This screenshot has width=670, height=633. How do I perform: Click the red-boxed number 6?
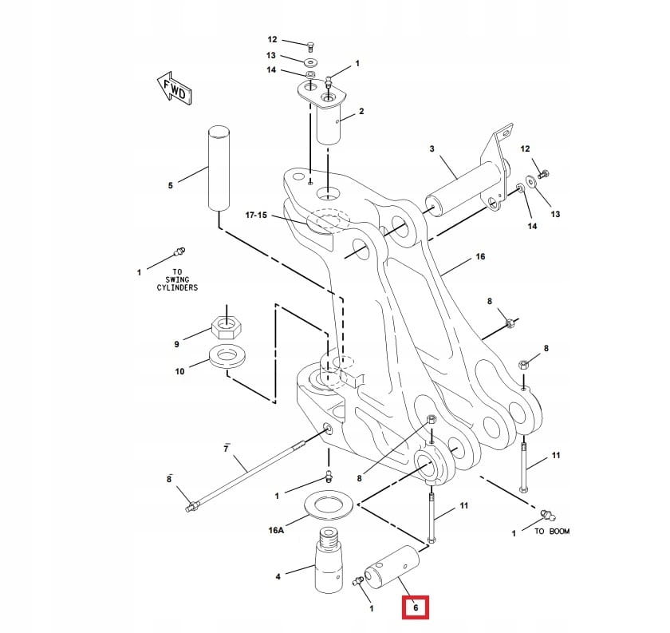pos(415,608)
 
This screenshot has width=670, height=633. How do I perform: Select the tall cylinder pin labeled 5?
pos(219,168)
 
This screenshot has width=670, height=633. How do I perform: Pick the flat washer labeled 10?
pos(227,356)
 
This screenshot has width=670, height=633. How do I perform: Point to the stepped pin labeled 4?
pos(328,563)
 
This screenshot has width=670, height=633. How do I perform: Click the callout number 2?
pos(361,112)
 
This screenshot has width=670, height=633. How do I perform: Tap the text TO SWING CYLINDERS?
pos(176,279)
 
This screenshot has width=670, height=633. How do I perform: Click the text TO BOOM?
pos(552,531)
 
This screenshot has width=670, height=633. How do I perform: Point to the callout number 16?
pos(480,257)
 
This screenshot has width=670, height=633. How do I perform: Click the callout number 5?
pos(170,186)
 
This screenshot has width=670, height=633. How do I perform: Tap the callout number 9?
pos(177,344)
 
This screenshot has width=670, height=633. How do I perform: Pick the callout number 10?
pos(179,371)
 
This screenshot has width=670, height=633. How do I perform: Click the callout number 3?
pos(432,149)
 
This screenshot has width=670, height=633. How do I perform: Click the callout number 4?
pos(277,576)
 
